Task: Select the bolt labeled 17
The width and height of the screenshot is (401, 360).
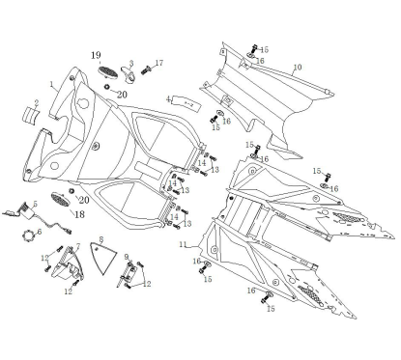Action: click(x=147, y=69)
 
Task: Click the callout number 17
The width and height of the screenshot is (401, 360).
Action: click(x=159, y=64)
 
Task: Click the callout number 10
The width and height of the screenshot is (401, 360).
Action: click(x=298, y=67)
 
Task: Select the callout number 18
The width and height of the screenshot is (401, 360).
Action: click(x=79, y=213)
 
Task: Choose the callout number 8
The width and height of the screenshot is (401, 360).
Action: click(x=101, y=237)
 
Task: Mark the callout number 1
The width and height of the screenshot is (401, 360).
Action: click(x=51, y=85)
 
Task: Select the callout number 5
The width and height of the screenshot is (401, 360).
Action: click(x=35, y=203)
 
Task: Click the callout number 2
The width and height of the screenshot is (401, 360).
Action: click(x=35, y=102)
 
